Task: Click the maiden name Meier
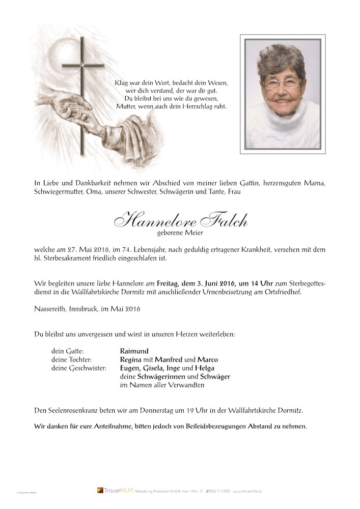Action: pyautogui.click(x=191, y=234)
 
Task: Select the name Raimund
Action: pyautogui.click(x=134, y=351)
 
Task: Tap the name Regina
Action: pyautogui.click(x=131, y=360)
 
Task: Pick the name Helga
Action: pyautogui.click(x=204, y=369)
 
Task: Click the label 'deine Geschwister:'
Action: pyautogui.click(x=79, y=369)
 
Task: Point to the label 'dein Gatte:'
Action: pyautogui.click(x=68, y=351)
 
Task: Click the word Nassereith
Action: pyautogui.click(x=52, y=309)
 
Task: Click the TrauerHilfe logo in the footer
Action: pyautogui.click(x=110, y=490)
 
